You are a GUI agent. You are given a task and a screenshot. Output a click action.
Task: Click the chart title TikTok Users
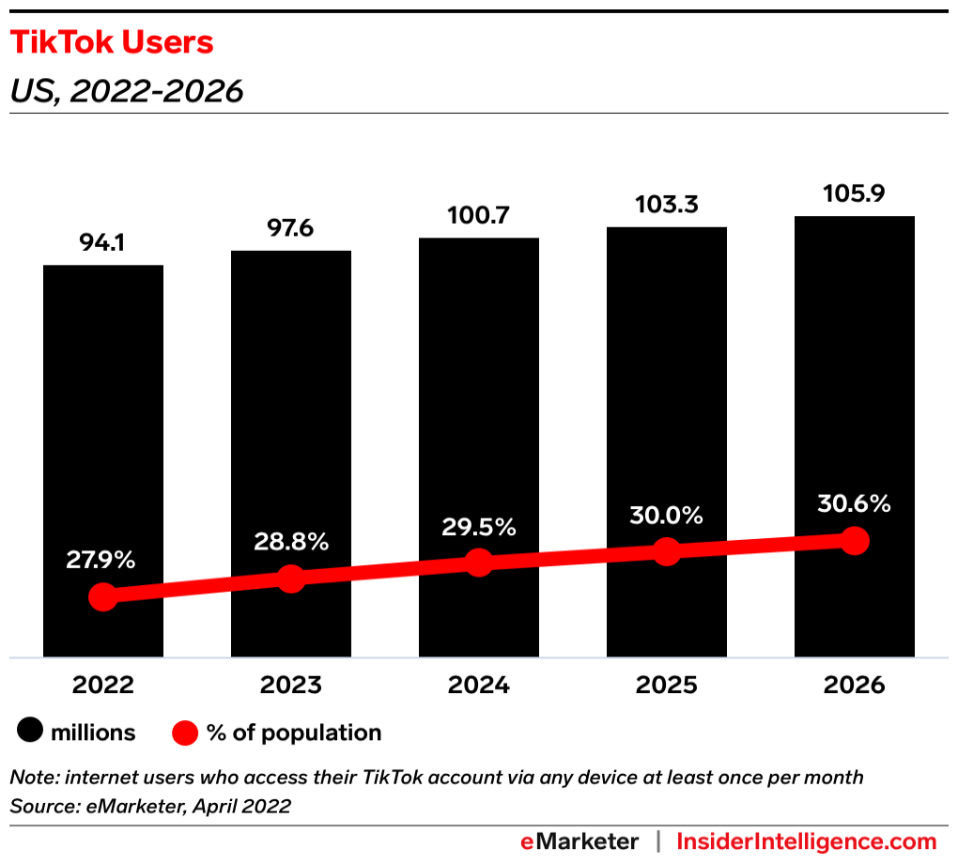pyautogui.click(x=112, y=43)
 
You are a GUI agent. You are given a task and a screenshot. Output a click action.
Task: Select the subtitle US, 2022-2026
pyautogui.click(x=127, y=91)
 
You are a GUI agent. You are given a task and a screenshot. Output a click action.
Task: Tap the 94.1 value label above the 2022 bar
pyautogui.click(x=103, y=244)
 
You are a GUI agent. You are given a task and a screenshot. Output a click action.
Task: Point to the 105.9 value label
pyautogui.click(x=854, y=194)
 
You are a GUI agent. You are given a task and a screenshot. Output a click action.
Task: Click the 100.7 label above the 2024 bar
pyautogui.click(x=478, y=217)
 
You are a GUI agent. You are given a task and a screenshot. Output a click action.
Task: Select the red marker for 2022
pyautogui.click(x=102, y=597)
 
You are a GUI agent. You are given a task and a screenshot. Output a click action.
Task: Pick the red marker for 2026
pyautogui.click(x=854, y=540)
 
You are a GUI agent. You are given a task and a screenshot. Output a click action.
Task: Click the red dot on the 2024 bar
pyautogui.click(x=479, y=563)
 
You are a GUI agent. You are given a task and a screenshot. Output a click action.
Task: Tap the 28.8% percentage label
pyautogui.click(x=291, y=542)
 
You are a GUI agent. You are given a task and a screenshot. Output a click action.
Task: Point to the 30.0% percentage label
pyautogui.click(x=666, y=515)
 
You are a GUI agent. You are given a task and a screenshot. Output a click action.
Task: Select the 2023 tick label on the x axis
pyautogui.click(x=291, y=685)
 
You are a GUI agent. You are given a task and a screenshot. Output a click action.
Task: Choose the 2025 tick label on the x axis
pyautogui.click(x=666, y=685)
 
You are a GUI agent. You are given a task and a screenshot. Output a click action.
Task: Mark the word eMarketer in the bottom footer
pyautogui.click(x=579, y=841)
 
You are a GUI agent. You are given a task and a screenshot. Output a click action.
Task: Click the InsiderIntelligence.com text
pyautogui.click(x=806, y=841)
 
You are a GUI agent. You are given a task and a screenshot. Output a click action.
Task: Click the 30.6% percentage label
pyautogui.click(x=854, y=504)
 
